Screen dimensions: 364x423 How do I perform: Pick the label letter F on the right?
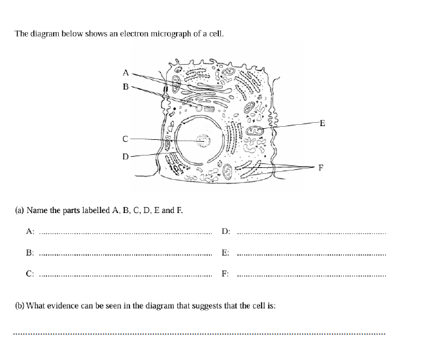click(320, 167)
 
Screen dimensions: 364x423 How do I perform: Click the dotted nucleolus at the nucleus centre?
click(204, 140)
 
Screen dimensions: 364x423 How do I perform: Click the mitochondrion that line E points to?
click(256, 131)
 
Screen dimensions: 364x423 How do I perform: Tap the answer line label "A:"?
click(30, 231)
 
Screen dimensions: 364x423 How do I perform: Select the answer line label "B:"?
click(30, 252)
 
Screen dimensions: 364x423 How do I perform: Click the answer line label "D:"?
click(226, 231)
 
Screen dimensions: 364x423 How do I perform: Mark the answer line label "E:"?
click(226, 252)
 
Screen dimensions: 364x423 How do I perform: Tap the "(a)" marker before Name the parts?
click(20, 210)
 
